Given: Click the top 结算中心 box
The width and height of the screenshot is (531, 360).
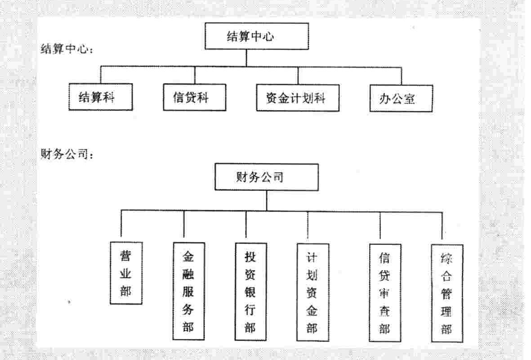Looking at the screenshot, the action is coord(257,36).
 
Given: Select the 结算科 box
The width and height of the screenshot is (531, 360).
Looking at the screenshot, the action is coord(101,97).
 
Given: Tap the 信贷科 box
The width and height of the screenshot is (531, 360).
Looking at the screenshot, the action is coord(194,97).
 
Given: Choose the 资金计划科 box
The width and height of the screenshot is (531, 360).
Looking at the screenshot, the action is coord(298,98).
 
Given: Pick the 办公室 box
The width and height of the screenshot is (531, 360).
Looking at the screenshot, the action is coord(401,98).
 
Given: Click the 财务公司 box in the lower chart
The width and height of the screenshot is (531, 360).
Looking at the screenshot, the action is coord(267,177).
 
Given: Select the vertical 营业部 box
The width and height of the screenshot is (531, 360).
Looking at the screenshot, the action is coord(126,273).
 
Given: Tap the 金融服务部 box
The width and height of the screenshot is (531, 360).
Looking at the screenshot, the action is coord(189,291).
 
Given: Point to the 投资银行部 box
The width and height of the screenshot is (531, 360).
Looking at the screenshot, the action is coord(250,292).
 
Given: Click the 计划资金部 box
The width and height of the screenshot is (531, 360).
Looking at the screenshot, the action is coord(312,292).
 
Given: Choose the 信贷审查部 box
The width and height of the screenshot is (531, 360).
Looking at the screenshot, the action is coord(385,293).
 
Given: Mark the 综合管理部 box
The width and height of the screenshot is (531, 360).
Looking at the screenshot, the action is coord(447,293).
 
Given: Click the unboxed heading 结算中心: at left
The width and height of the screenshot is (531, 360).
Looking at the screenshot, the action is coord(67,49).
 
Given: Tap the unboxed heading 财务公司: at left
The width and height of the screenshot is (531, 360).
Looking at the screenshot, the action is coord(67,154).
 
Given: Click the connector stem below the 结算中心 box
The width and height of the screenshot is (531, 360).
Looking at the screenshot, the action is coord(246,58).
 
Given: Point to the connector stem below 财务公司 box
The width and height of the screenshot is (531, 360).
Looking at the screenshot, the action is coord(267,200).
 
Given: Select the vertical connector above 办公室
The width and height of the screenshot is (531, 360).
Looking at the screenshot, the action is coord(402,76).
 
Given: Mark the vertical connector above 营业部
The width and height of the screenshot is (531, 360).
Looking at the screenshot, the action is coord(121,223).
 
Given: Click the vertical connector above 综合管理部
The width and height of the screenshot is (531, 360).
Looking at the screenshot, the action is coord(442,226).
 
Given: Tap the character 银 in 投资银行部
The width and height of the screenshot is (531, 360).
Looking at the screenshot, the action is coord(250,292).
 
